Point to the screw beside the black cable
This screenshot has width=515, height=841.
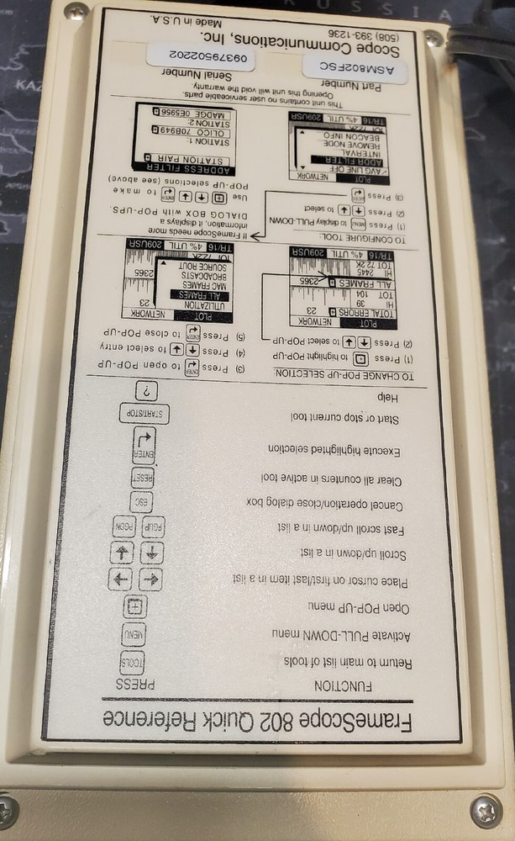[434, 39]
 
